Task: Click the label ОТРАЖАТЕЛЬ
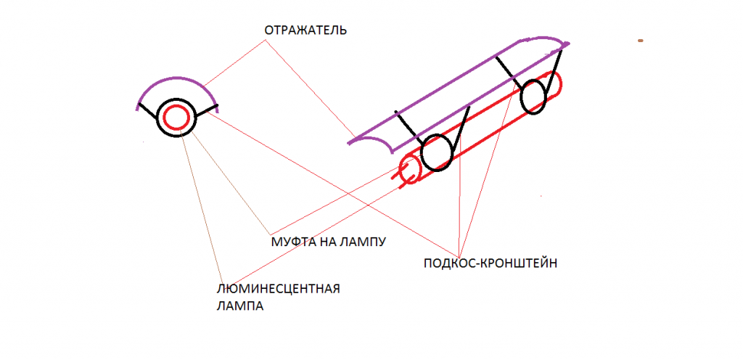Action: coord(305,30)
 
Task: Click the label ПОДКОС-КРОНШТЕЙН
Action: coord(490,263)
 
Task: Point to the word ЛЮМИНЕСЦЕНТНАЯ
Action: coord(279,289)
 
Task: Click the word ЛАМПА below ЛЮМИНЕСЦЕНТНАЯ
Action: coord(239,306)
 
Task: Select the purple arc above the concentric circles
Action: coord(176,78)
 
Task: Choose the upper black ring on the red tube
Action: coord(534,97)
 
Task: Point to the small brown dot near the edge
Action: coord(640,41)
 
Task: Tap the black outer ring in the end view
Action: coord(176,100)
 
